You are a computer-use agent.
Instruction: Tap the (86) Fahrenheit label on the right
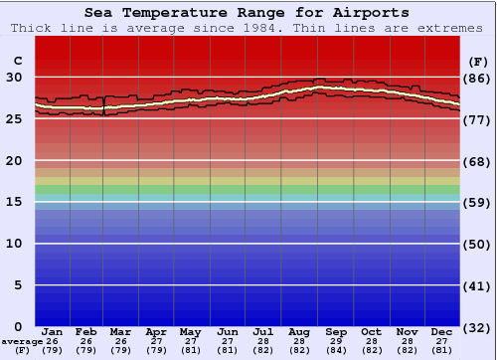pyautogui.click(x=478, y=78)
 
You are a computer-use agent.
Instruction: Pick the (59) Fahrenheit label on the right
pyautogui.click(x=478, y=202)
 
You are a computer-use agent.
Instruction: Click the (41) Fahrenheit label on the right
pyautogui.click(x=478, y=285)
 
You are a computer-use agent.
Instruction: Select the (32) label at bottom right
pyautogui.click(x=478, y=327)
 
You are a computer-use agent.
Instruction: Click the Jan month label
pyautogui.click(x=53, y=331)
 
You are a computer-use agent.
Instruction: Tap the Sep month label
pyautogui.click(x=336, y=331)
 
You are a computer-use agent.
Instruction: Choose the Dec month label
pyautogui.click(x=442, y=331)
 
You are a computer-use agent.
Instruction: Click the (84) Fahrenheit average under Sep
pyautogui.click(x=336, y=350)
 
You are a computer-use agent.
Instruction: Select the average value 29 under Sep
pyautogui.click(x=336, y=341)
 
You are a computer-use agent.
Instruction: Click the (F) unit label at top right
pyautogui.click(x=478, y=62)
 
